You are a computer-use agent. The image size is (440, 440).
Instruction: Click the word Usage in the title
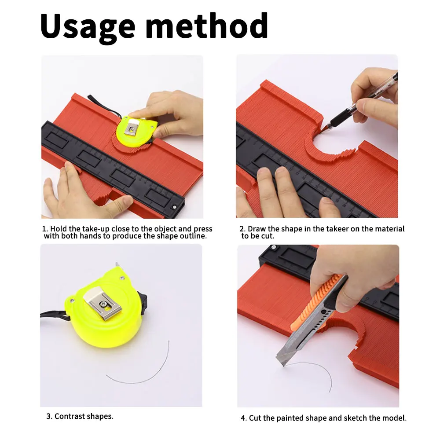(88, 26)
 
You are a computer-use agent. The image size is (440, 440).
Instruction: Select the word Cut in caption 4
(255, 418)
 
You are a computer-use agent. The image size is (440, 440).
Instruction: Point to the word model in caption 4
(395, 418)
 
